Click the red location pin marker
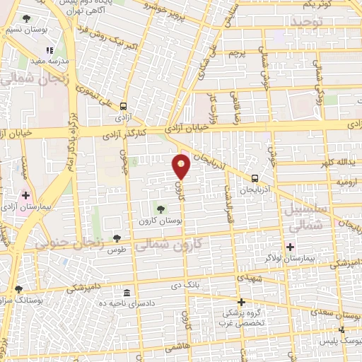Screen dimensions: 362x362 tap(182, 168)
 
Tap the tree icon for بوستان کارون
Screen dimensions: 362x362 tap(161, 209)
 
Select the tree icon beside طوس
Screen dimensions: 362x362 tap(117, 239)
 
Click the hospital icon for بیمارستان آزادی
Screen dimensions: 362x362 tap(25, 194)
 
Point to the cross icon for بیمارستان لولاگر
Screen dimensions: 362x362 tap(289, 247)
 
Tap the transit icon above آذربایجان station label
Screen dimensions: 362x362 tap(255, 178)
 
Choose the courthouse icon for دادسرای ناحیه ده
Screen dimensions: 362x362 tap(126, 293)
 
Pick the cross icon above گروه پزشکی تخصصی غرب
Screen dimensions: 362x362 tap(241, 300)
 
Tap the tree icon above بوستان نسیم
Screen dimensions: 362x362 tap(27, 18)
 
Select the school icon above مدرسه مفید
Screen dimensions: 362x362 tap(49, 50)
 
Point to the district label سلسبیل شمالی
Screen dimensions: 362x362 tap(306, 218)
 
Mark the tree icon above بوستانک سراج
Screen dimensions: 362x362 tap(18, 289)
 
